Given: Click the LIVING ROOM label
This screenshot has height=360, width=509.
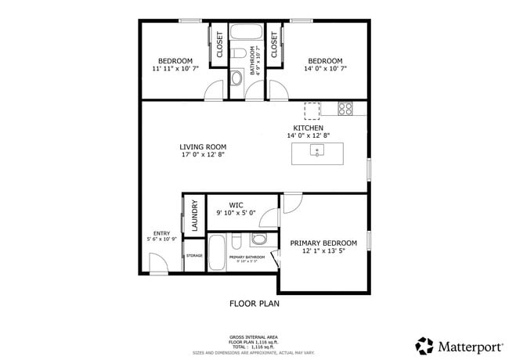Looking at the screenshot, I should (203, 146).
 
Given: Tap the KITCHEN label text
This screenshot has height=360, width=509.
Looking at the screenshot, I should (309, 128).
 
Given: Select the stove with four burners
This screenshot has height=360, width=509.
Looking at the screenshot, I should (345, 109).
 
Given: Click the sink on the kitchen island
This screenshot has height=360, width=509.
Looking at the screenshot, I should (317, 153).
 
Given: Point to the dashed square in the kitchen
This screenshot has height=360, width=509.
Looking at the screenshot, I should (312, 110).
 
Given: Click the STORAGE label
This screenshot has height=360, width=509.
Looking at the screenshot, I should (194, 256).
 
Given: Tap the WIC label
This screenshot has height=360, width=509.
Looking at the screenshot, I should (236, 205).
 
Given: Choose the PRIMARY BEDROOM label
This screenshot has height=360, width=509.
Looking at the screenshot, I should (323, 243).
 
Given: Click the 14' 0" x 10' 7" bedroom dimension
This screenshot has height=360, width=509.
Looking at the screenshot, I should (324, 69).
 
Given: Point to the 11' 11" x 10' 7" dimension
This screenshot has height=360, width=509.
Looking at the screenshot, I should (175, 69).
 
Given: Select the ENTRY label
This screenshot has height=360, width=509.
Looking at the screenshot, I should (161, 232).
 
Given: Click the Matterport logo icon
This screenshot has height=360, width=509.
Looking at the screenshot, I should (424, 344).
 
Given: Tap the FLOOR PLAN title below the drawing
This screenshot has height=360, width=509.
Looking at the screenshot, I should (254, 303).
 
